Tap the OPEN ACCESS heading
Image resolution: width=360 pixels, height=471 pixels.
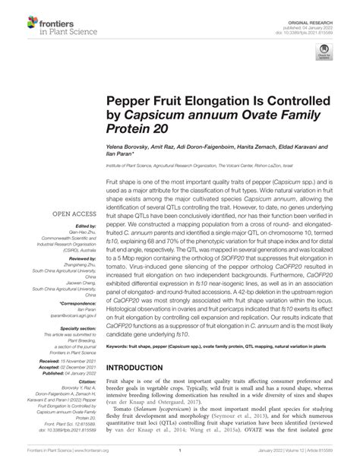coord(73,215)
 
